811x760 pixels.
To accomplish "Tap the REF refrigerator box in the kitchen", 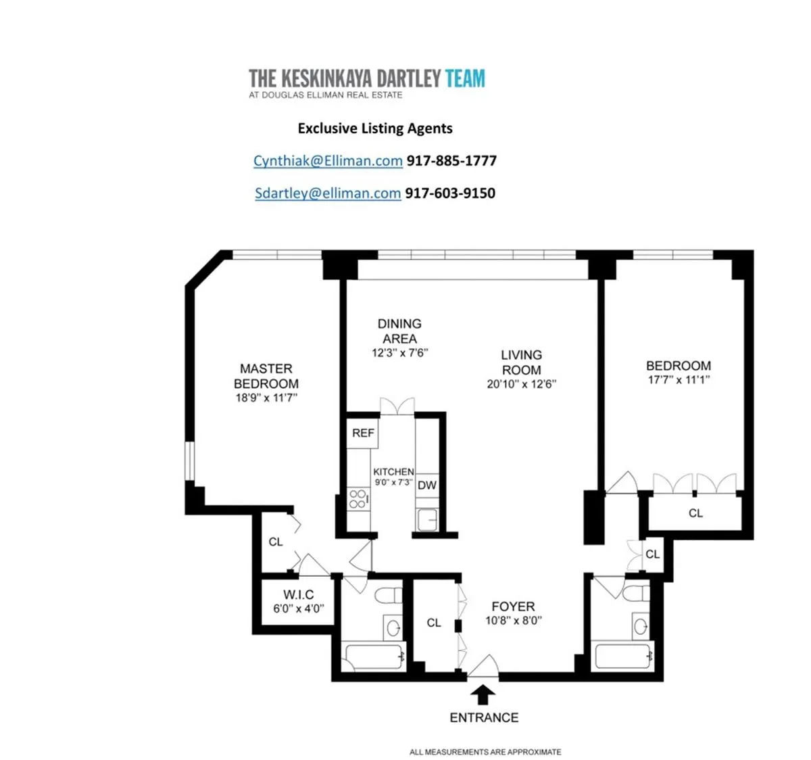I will point(363,433).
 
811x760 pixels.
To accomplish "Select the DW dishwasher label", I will point(426,485).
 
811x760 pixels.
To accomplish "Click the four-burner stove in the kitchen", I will point(358,500).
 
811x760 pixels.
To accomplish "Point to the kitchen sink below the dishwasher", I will point(426,519).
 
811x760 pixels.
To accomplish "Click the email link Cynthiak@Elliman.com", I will point(328,161).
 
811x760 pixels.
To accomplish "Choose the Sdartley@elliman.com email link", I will point(328,193).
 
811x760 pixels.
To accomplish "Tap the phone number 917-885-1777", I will point(451,161).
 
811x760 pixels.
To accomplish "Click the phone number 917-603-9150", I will point(450,193).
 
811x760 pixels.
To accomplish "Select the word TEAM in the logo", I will point(465,79).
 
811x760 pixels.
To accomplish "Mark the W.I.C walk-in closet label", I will point(298,595).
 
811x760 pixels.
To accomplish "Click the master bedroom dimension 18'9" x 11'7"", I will point(266,398).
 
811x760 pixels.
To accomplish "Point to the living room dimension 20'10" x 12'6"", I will point(521,385).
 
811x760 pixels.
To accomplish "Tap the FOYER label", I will point(513,607).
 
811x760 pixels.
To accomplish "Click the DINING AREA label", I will point(399,331).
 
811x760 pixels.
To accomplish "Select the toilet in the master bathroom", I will point(388,597).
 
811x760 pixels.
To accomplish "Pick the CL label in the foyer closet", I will point(434,623).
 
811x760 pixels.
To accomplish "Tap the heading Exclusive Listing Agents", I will point(375,128).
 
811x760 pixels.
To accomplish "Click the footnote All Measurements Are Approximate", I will point(485,752).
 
